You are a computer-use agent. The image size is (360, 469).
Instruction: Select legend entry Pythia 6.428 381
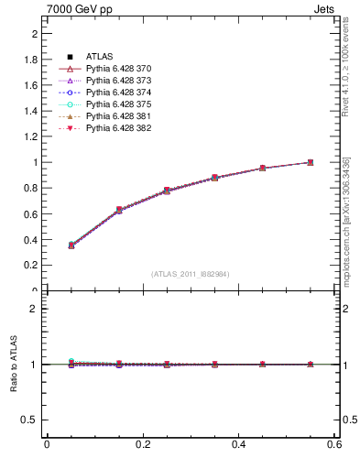pyautogui.click(x=119, y=116)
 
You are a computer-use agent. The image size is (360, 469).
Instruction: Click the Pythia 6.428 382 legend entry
pyautogui.click(x=119, y=128)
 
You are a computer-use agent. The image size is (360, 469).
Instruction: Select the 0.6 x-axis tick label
pyautogui.click(x=334, y=445)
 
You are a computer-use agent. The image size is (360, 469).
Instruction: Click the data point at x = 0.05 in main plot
pyautogui.click(x=71, y=245)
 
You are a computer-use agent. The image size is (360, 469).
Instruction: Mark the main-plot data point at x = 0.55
pyautogui.click(x=311, y=162)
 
